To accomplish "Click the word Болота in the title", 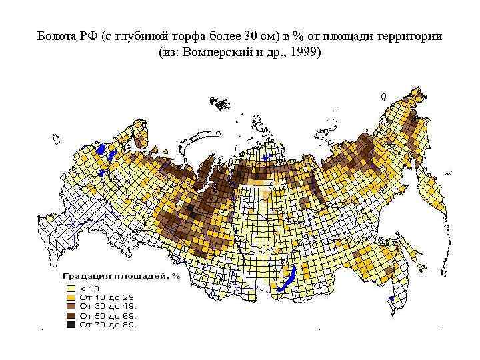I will [x=58, y=35].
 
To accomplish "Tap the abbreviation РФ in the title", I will [x=89, y=35].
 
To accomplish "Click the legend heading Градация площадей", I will [x=117, y=275].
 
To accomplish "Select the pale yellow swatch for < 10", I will [x=70, y=288].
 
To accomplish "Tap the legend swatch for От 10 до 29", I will [x=70, y=297].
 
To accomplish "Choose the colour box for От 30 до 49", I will [x=70, y=306].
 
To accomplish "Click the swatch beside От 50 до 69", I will [x=70, y=315].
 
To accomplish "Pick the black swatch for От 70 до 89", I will [x=70, y=325].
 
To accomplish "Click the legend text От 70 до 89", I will [x=108, y=325].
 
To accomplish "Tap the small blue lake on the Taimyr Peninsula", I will [x=265, y=158].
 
